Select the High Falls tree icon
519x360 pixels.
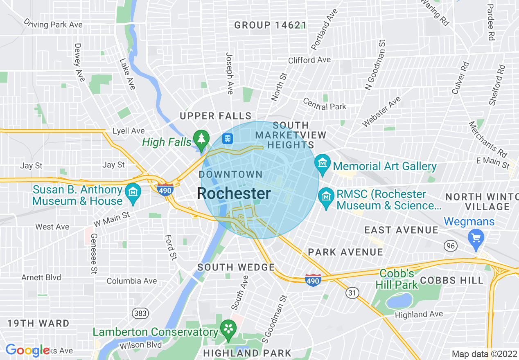pos(201,139)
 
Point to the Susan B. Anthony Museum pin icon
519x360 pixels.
pos(133,192)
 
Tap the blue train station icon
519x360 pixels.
pos(227,138)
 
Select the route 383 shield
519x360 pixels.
pos(140,313)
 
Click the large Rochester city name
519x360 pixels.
pos(234,193)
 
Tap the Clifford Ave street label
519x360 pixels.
pos(309,60)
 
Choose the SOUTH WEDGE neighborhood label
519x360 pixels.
pos(236,268)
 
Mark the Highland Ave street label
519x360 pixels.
pos(419,315)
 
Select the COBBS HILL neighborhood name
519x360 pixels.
pos(451,280)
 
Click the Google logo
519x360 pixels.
pos(27,350)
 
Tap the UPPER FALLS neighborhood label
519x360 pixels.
pos(216,116)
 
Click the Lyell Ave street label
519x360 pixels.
pos(129,131)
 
